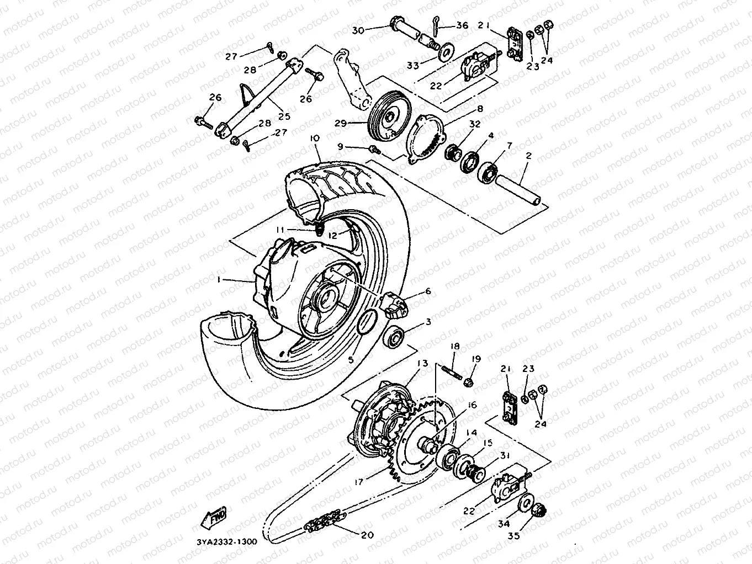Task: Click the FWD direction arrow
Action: (x=214, y=517)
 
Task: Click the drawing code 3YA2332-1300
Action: (x=227, y=541)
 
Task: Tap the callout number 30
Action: (x=358, y=30)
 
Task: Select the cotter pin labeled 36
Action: (x=436, y=25)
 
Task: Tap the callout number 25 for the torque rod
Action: (x=284, y=116)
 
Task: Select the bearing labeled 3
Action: (x=395, y=338)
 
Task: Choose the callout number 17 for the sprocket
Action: (x=359, y=482)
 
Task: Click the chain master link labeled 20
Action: (x=325, y=523)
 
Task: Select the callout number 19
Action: (x=476, y=359)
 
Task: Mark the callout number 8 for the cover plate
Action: (x=480, y=109)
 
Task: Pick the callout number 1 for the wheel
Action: (x=219, y=280)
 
